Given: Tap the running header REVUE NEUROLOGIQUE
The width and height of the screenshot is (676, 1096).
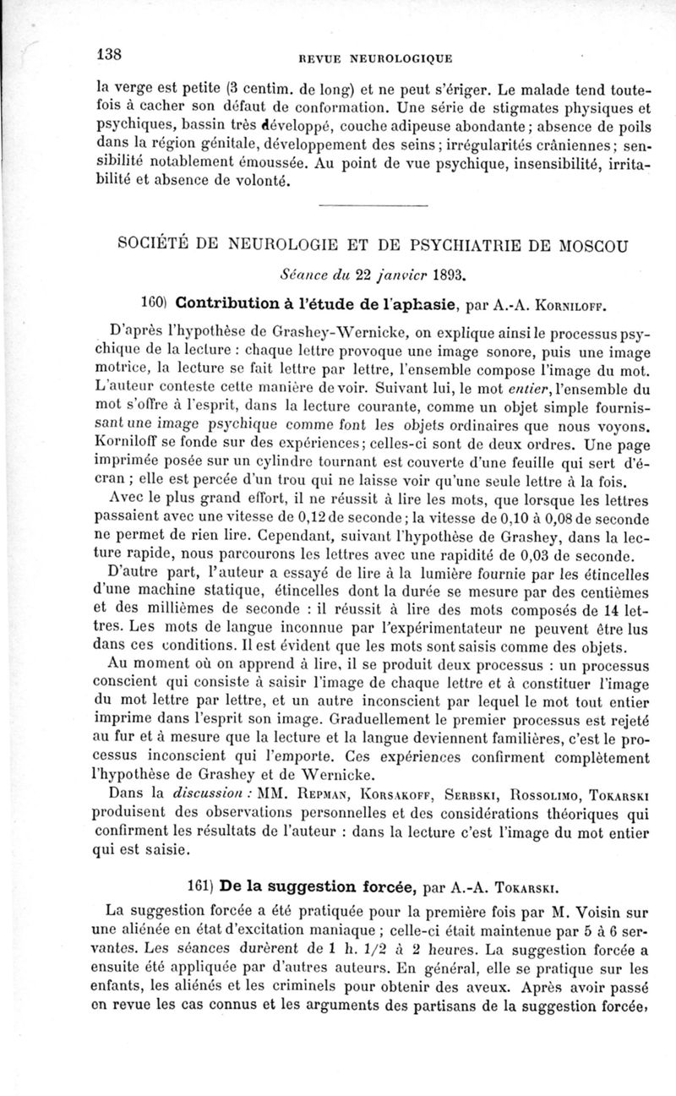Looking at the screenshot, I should [373, 58].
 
